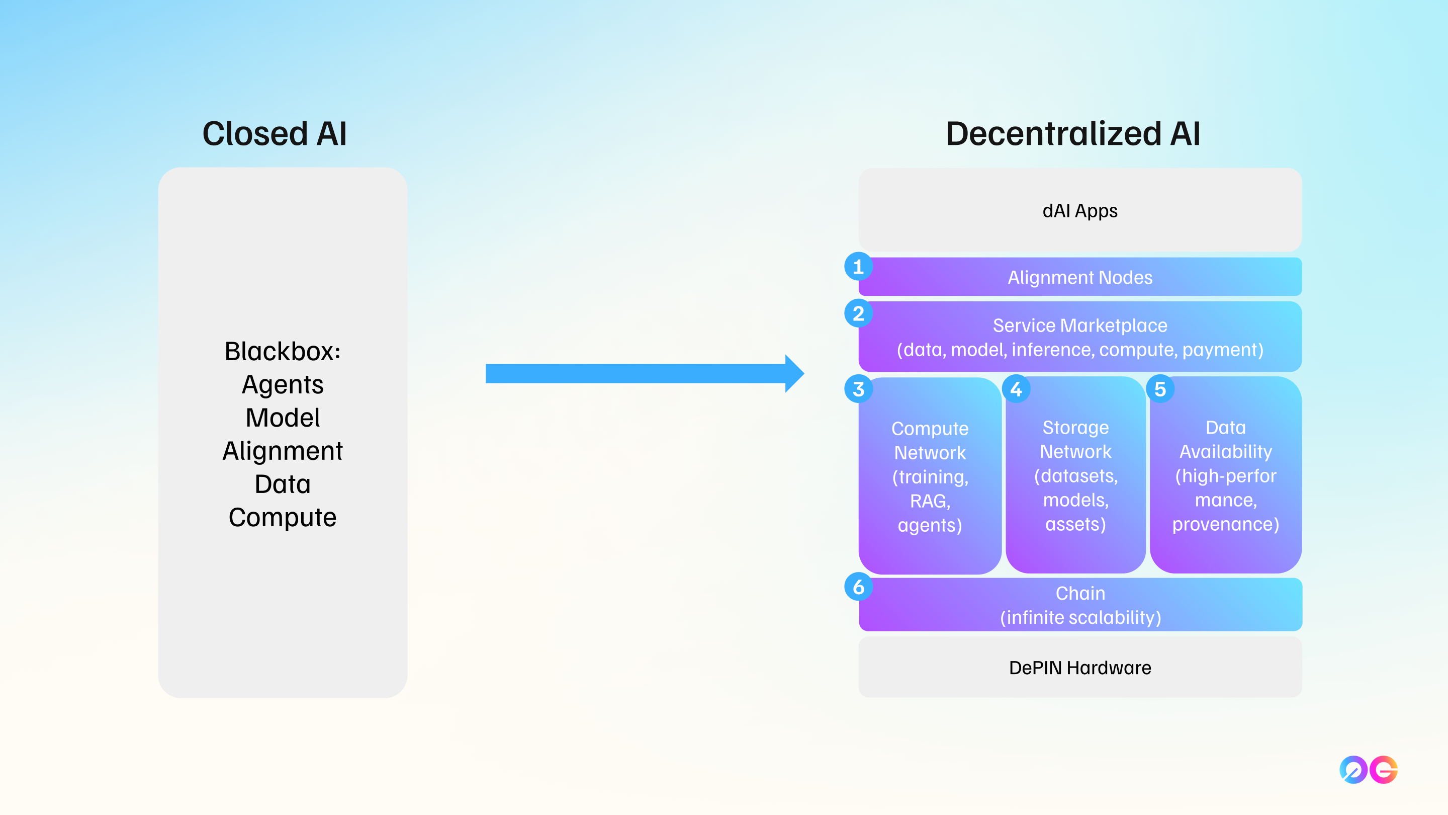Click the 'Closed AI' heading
[x=275, y=134]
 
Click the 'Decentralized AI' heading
[x=1073, y=134]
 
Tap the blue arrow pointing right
[x=644, y=373]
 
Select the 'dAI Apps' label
[x=1080, y=211]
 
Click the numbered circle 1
[x=858, y=267]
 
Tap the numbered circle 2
[x=858, y=313]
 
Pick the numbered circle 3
[x=858, y=389]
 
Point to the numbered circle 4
[x=1016, y=389]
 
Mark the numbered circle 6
[x=858, y=587]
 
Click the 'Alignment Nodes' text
[x=1080, y=277]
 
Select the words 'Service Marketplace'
[x=1080, y=325]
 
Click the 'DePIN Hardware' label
[x=1080, y=668]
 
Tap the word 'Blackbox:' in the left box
[x=283, y=352]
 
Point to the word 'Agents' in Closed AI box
[x=283, y=385]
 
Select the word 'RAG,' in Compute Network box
[x=930, y=501]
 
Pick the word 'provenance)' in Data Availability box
[x=1225, y=524]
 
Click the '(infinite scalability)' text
[x=1080, y=618]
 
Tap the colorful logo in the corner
[x=1368, y=769]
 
